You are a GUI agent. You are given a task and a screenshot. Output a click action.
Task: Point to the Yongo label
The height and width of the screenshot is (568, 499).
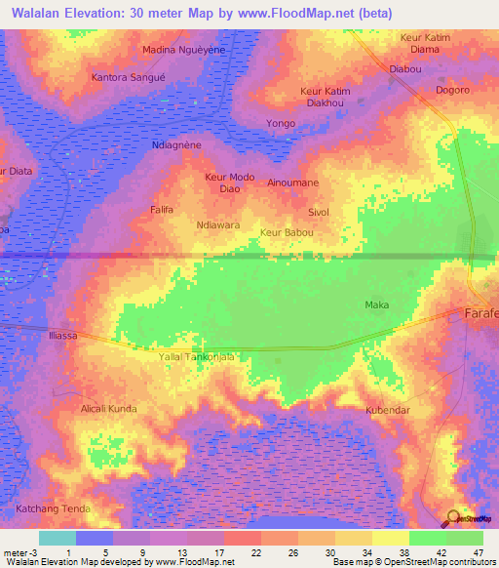281,124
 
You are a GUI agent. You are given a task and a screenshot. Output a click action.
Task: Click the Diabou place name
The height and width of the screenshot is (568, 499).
404,69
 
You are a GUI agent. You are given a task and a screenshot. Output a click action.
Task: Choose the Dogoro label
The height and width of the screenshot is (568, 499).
452,90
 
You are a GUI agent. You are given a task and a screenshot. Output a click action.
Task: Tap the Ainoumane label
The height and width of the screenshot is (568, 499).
292,183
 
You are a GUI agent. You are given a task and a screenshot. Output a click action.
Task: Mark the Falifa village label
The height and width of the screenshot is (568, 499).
162,209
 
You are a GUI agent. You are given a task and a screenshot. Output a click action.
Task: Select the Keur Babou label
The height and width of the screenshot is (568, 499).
286,232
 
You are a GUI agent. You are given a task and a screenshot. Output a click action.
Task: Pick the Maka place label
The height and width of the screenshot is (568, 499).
376,305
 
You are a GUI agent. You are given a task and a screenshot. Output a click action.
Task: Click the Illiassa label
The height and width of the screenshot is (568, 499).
62,335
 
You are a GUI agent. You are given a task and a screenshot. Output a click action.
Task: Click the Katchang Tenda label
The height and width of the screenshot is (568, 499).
53,508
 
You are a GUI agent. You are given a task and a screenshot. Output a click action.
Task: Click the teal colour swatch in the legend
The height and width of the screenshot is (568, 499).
58,538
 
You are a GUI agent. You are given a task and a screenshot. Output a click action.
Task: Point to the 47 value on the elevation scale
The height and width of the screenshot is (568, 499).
479,553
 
